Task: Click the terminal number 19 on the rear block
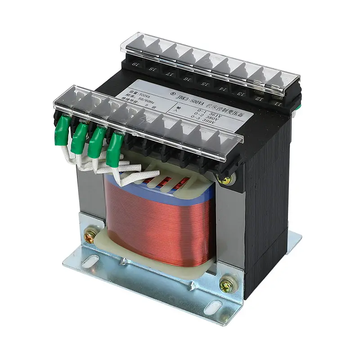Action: point(135,65)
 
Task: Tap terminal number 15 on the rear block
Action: point(205,83)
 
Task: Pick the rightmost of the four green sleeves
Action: point(115,144)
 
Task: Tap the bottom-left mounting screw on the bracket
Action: point(90,235)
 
